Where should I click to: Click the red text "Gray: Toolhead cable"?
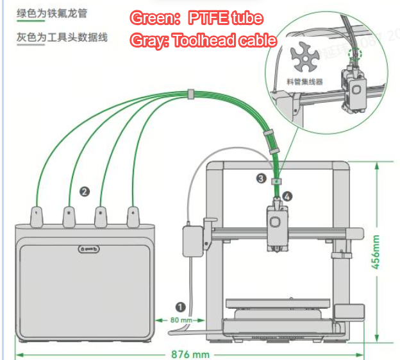[203, 40]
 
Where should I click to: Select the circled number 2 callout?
[84, 191]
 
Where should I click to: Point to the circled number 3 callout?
[261, 178]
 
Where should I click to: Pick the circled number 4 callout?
[287, 197]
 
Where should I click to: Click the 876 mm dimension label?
[190, 354]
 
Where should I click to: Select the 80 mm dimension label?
[181, 320]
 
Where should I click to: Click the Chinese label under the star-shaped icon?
[305, 82]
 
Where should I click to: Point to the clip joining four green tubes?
[190, 95]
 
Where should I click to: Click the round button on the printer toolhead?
[276, 220]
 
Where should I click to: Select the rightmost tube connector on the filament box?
[133, 216]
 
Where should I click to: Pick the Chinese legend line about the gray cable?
[62, 37]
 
